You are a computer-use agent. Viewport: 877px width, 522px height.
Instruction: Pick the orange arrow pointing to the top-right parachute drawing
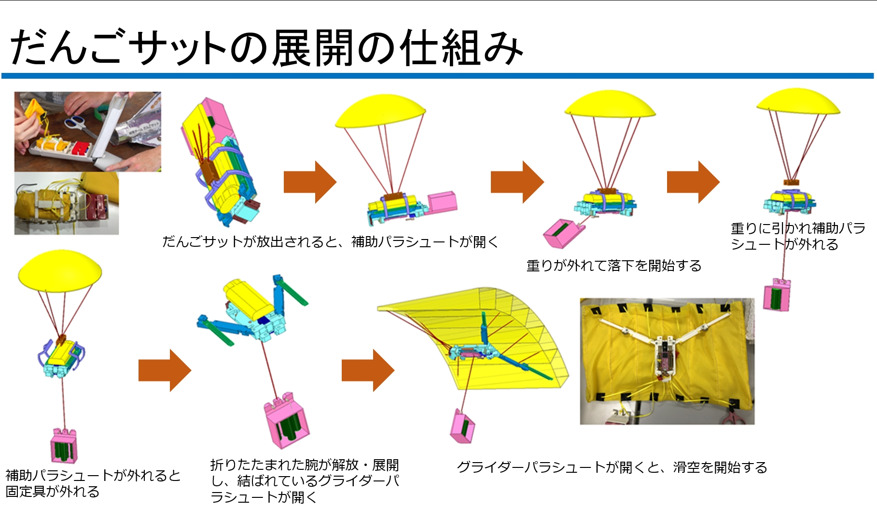693,182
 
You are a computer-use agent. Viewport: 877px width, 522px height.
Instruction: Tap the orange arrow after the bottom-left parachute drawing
165,370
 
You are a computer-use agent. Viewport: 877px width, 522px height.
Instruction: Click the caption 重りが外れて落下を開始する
613,266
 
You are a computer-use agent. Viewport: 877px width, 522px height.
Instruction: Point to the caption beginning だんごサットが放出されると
330,241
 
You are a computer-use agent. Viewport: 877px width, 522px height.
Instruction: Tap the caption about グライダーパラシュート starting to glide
612,467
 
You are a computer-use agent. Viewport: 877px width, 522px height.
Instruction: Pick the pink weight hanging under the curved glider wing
462,427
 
